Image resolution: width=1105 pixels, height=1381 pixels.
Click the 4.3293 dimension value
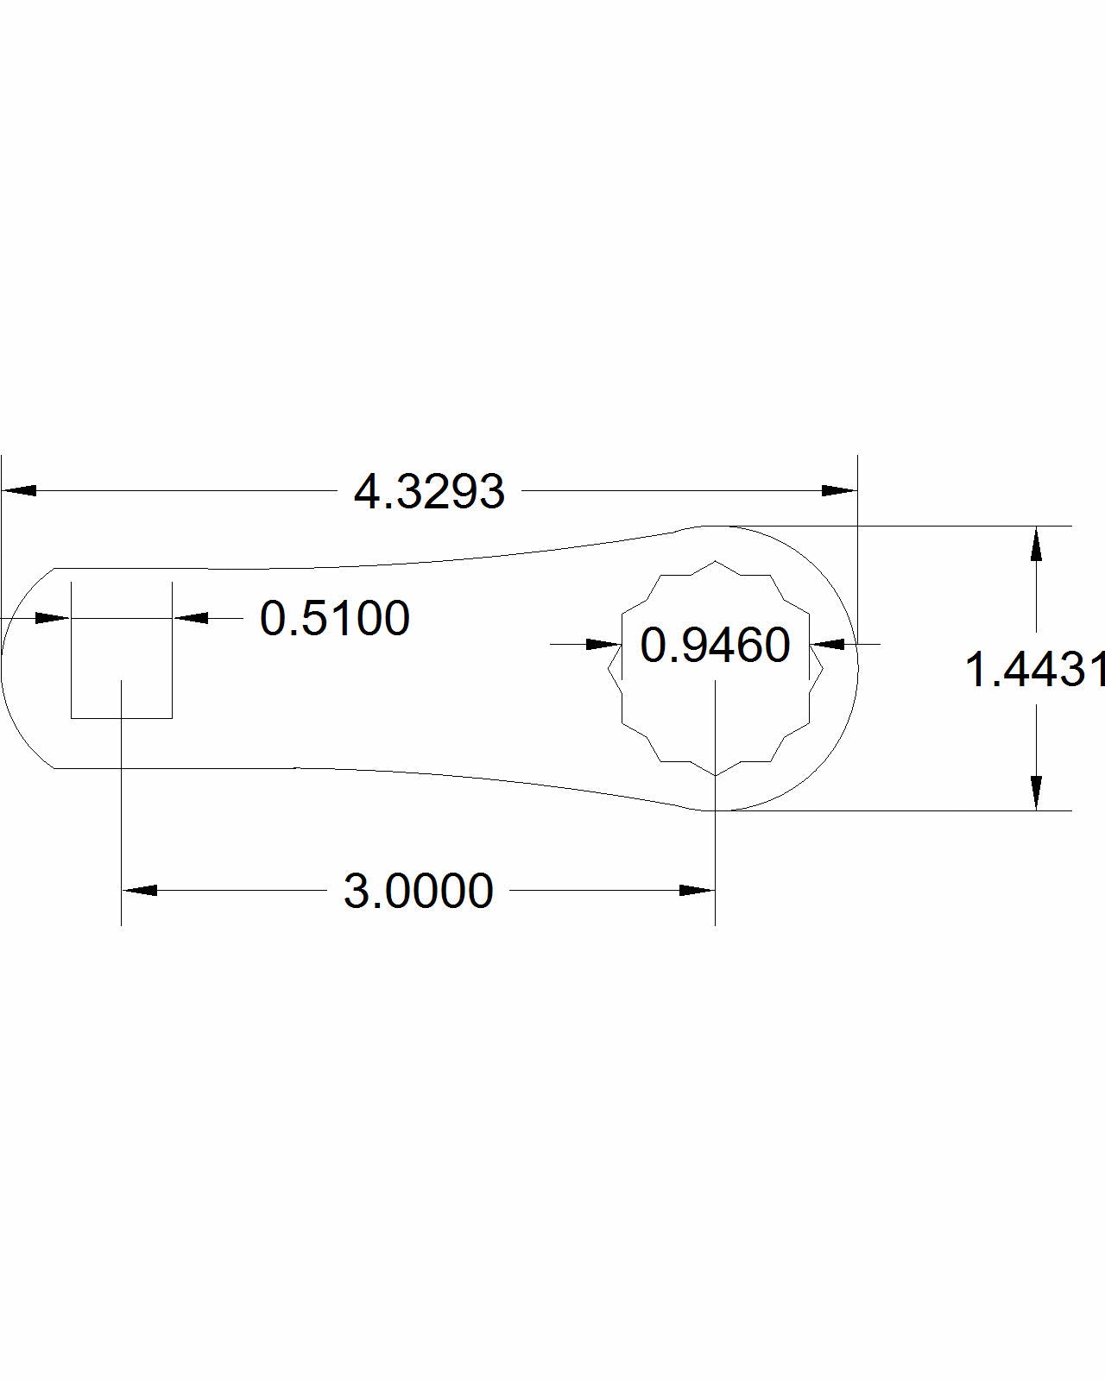[x=429, y=492]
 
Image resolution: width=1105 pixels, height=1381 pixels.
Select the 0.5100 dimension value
[x=335, y=619]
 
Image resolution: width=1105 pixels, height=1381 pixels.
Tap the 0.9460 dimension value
[x=715, y=645]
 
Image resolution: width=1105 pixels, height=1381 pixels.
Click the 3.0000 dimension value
[x=419, y=891]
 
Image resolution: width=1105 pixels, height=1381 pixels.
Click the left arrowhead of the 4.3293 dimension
[x=19, y=490]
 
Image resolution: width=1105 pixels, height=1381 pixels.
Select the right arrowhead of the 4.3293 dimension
[x=839, y=490]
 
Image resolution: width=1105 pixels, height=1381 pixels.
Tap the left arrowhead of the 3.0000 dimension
[x=139, y=890]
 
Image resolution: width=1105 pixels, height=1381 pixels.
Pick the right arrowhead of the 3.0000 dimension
[x=698, y=890]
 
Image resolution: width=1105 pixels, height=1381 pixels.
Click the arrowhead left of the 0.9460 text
[x=603, y=644]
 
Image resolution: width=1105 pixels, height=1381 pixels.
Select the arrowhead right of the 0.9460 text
[x=829, y=644]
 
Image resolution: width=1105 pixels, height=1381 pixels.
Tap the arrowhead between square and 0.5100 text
[x=191, y=618]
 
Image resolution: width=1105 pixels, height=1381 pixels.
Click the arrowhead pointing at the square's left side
[x=53, y=618]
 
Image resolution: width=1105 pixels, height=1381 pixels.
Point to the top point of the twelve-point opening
[x=716, y=561]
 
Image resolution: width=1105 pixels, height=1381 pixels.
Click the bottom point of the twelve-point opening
[x=716, y=775]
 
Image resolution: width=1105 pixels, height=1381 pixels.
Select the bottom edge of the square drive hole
[x=121, y=717]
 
